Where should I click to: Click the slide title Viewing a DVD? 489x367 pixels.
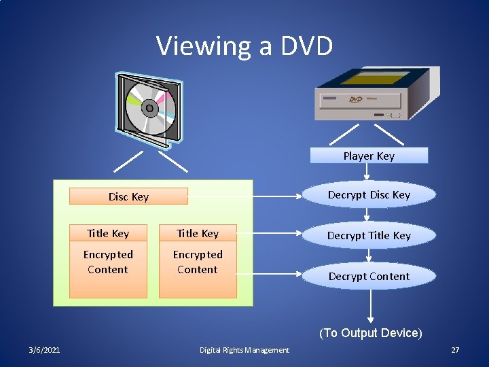pyautogui.click(x=244, y=46)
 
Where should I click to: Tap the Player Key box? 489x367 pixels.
pyautogui.click(x=369, y=156)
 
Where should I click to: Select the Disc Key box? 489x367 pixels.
pyautogui.click(x=128, y=196)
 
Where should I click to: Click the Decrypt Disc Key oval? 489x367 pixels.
pyautogui.click(x=369, y=195)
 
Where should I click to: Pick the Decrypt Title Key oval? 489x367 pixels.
pyautogui.click(x=369, y=236)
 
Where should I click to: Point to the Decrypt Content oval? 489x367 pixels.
pyautogui.click(x=369, y=277)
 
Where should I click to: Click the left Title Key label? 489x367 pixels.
pyautogui.click(x=108, y=233)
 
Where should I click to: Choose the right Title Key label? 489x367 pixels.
pyautogui.click(x=198, y=233)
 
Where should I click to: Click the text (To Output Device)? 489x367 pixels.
pyautogui.click(x=371, y=333)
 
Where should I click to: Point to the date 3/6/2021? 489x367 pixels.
pyautogui.click(x=45, y=350)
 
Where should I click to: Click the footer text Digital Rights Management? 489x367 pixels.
pyautogui.click(x=244, y=350)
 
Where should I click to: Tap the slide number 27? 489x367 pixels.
pyautogui.click(x=455, y=350)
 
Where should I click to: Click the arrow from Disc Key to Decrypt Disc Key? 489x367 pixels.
pyautogui.click(x=244, y=196)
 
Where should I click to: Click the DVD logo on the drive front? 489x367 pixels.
pyautogui.click(x=355, y=100)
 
